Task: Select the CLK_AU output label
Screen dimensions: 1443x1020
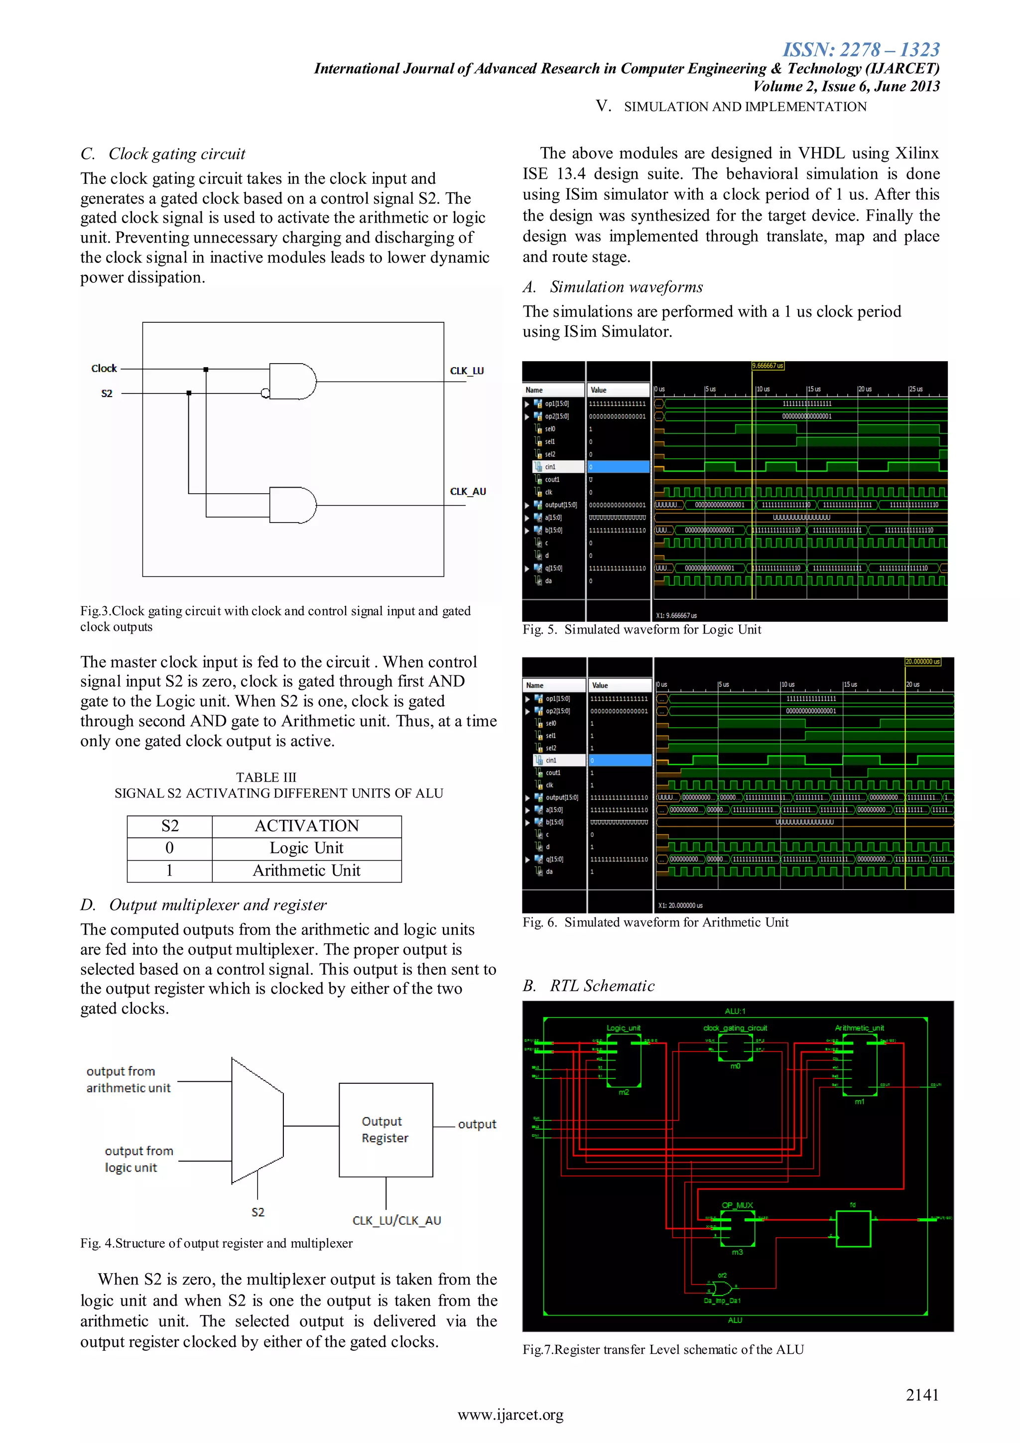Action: coord(468,492)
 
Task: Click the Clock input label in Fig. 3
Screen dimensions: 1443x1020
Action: coord(104,368)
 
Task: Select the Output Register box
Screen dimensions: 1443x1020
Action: coord(385,1129)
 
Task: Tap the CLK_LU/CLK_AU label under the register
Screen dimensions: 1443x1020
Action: coord(396,1220)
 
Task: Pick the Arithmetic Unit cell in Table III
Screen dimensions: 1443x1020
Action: coord(306,871)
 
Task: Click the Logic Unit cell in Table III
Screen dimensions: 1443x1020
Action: coord(306,848)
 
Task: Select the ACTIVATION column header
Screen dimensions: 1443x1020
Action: coord(306,826)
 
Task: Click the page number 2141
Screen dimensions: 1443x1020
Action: coord(921,1395)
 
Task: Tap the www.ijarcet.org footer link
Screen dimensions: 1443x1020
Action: coord(510,1415)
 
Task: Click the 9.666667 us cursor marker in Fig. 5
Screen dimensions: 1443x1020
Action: coord(766,366)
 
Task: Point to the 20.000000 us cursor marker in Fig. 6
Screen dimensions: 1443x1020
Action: coord(922,662)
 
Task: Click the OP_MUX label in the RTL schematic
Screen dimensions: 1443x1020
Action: coord(737,1205)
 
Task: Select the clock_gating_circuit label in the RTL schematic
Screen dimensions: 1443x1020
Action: coord(735,1028)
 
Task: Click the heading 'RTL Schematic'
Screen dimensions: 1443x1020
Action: coord(602,985)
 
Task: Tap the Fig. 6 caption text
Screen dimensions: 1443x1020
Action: coord(655,922)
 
